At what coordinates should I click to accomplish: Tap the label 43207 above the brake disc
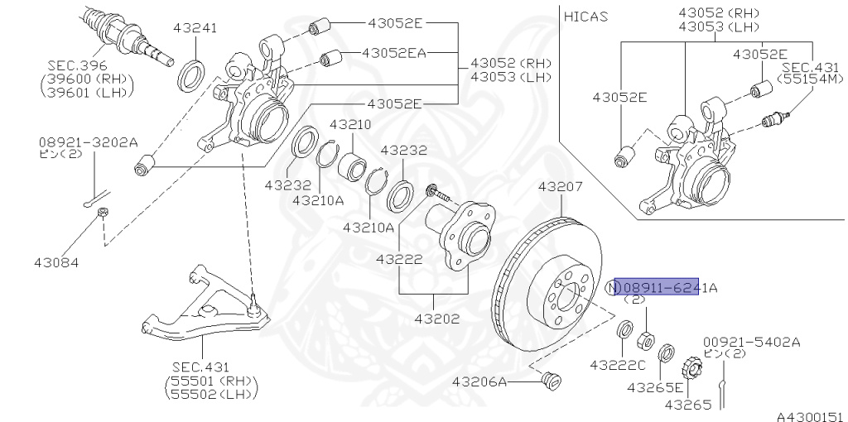(561, 187)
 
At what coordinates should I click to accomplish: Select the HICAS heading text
(586, 16)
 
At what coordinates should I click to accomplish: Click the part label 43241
(195, 27)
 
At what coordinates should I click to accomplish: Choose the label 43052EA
(393, 53)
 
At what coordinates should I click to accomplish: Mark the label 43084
(56, 263)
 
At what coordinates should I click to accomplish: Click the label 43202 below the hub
(437, 318)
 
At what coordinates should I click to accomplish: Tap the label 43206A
(479, 382)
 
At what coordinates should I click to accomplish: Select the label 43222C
(617, 365)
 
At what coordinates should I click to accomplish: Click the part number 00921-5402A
(752, 341)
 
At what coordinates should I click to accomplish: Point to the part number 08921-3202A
(88, 141)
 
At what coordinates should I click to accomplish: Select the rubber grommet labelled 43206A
(550, 381)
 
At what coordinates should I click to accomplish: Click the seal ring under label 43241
(193, 74)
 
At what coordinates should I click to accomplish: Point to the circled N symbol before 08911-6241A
(613, 288)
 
